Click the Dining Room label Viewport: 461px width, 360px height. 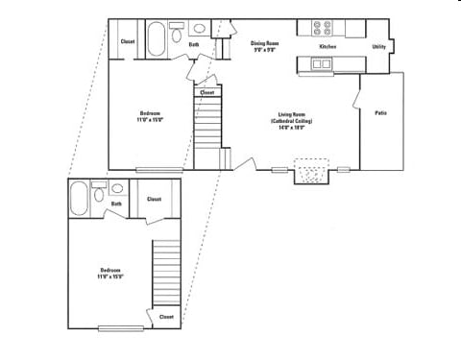coord(264,43)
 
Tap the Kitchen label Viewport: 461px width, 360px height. coord(327,46)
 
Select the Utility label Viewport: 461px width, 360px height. coord(377,46)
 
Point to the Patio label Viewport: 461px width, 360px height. coord(381,113)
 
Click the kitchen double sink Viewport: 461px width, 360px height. coord(322,64)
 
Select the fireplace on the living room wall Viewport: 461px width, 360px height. coord(311,174)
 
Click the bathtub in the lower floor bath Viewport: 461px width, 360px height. coord(79,199)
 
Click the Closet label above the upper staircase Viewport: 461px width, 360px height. coord(206,93)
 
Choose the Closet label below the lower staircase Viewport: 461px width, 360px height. coord(165,316)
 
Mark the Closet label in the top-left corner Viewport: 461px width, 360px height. coord(127,41)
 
